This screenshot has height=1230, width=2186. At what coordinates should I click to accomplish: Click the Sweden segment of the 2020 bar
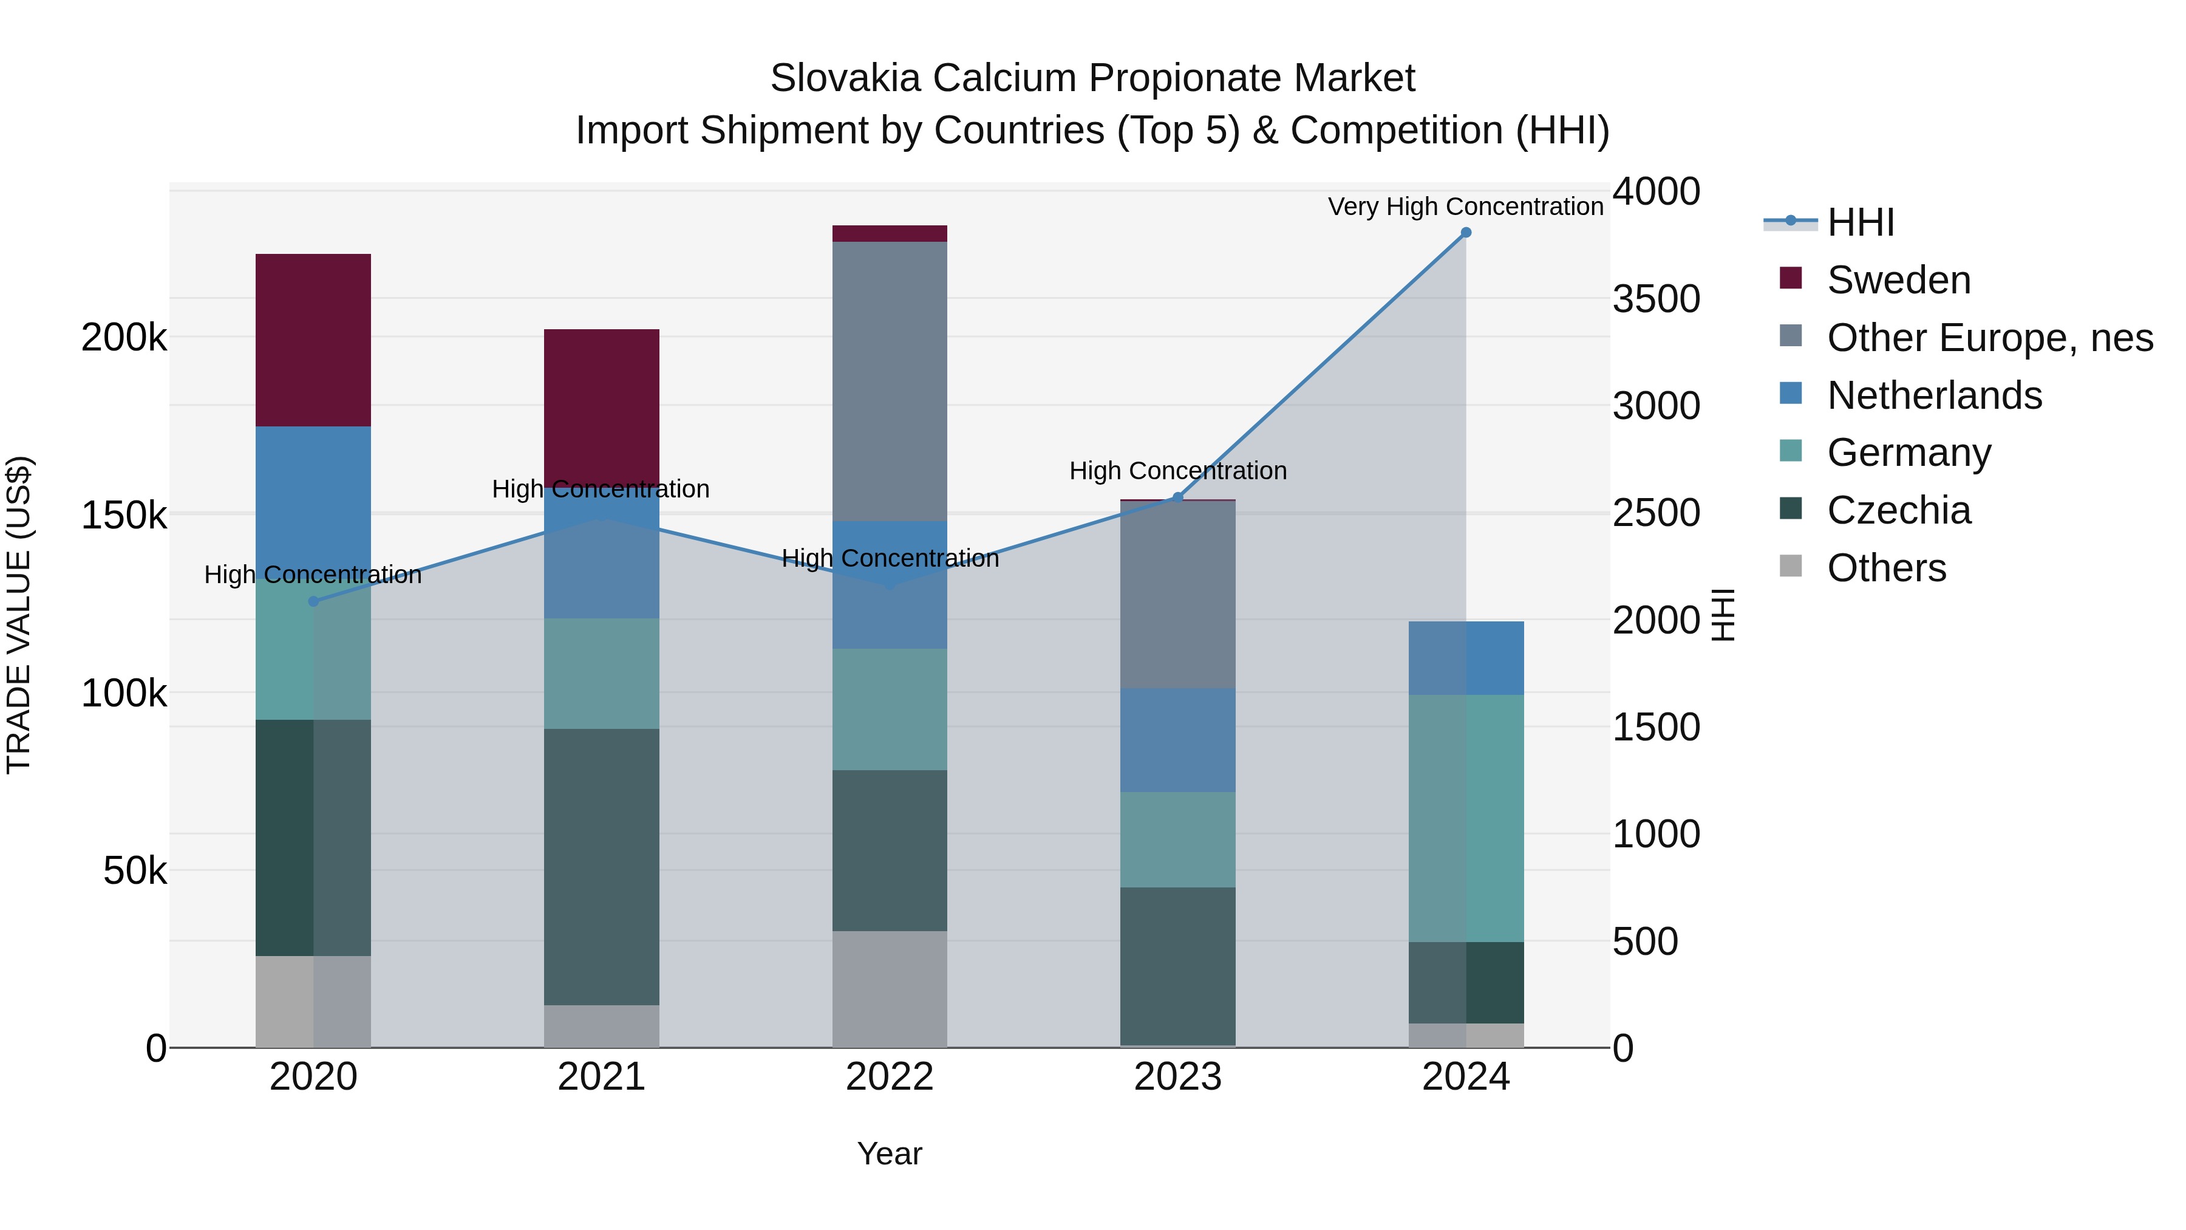click(313, 340)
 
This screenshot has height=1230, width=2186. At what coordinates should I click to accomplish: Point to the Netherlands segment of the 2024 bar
click(1466, 658)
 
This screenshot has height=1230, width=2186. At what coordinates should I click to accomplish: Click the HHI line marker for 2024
click(1466, 233)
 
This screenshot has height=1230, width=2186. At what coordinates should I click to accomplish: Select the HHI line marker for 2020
click(313, 601)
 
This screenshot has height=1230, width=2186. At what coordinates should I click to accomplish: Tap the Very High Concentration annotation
click(1466, 207)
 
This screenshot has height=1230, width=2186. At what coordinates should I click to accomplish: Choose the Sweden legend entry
click(1898, 280)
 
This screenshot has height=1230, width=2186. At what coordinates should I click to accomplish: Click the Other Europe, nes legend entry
click(1989, 338)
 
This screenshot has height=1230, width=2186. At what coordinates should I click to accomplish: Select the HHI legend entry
click(1860, 222)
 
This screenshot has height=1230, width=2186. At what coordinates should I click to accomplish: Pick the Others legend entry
click(1885, 568)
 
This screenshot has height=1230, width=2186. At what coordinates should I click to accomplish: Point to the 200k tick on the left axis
click(124, 338)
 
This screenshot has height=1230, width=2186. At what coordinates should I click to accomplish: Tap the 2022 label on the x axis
click(890, 1077)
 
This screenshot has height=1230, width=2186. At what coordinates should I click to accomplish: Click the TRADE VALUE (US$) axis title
click(19, 615)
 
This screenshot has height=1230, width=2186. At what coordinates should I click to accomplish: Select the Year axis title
click(890, 1153)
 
